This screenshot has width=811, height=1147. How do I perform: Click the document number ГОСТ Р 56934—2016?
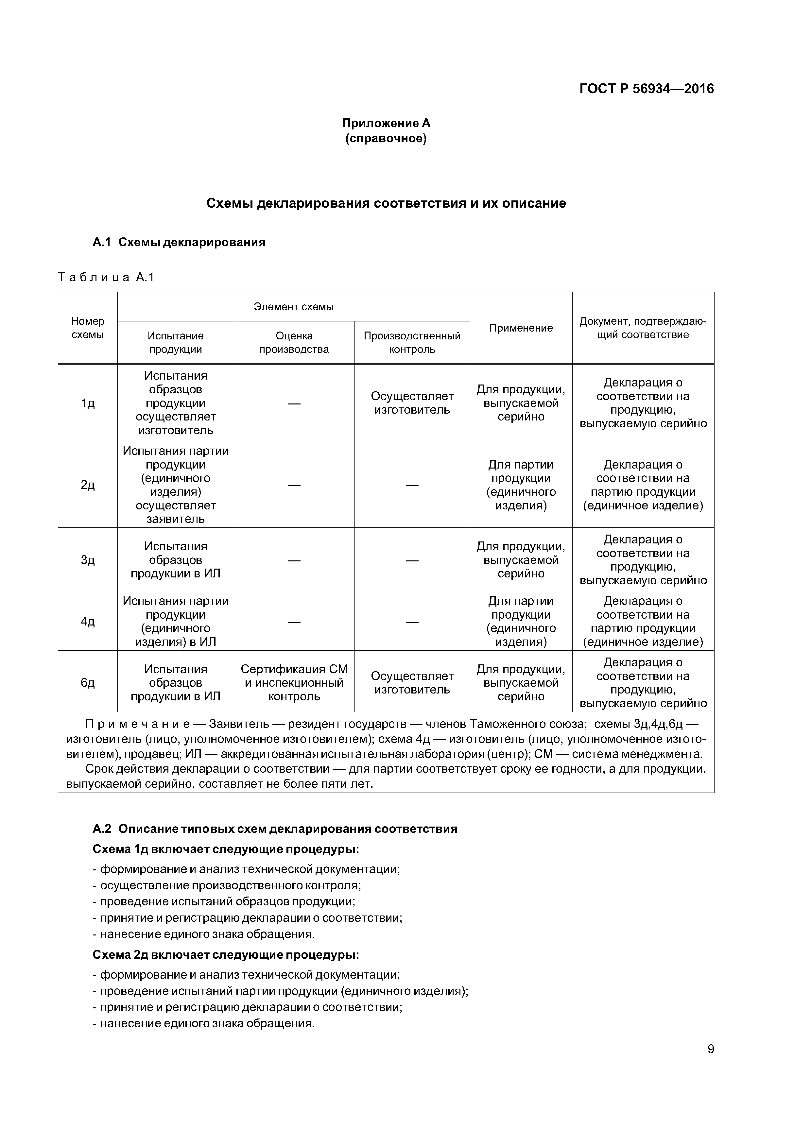tap(646, 89)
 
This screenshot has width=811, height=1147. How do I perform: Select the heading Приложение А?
tap(386, 123)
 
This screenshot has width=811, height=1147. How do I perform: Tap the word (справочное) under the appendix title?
tap(386, 138)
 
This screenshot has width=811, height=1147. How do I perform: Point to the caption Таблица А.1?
tap(106, 277)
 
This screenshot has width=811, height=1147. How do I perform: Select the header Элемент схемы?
tap(293, 307)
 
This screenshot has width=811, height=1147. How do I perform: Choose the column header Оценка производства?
tap(294, 342)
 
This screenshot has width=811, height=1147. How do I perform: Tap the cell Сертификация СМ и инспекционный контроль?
tap(294, 682)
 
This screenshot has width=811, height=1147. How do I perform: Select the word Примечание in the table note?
tap(137, 724)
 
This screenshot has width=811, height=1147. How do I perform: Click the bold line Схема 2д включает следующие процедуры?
tap(226, 955)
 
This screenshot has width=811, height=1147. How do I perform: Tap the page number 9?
tap(711, 1049)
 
